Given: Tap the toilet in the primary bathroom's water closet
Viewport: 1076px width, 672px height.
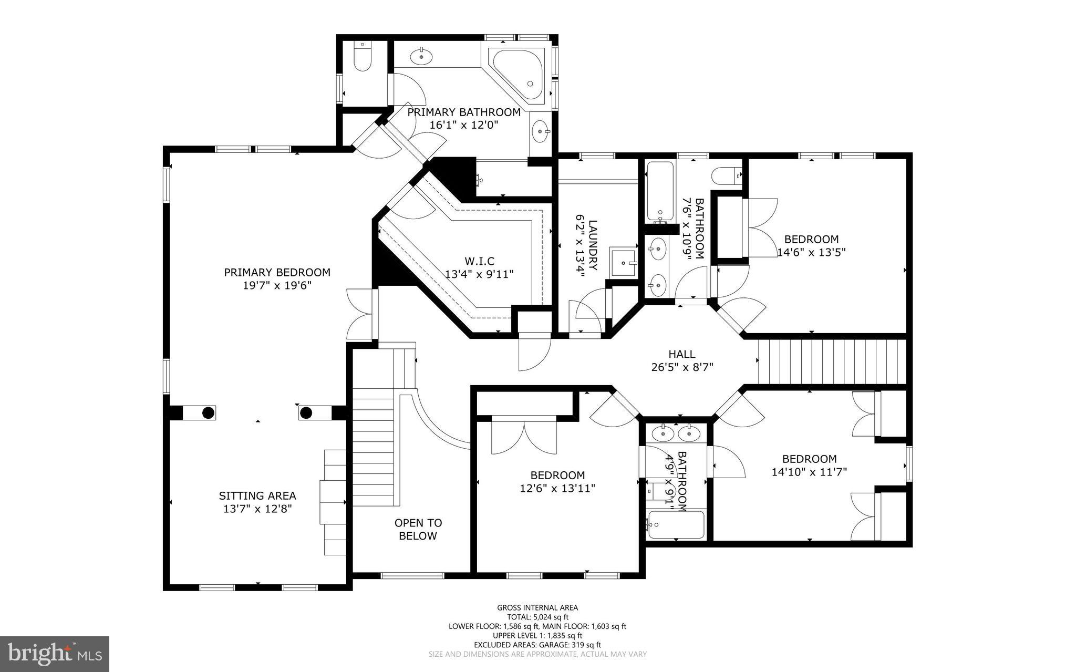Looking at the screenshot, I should point(362,58).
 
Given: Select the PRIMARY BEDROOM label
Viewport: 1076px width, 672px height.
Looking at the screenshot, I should point(277,272).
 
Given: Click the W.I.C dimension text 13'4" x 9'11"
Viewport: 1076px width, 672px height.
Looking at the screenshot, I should point(479,274).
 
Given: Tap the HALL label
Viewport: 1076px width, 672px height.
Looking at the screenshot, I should point(681,354).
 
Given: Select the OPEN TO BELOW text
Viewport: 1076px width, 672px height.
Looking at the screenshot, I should point(418,529).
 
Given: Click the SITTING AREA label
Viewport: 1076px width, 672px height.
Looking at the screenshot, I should point(257,495).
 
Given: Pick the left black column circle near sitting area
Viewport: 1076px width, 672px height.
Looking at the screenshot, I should point(209,413).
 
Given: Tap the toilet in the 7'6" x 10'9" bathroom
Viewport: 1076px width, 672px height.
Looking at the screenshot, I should point(726,175).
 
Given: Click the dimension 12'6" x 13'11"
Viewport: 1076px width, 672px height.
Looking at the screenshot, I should point(557,489).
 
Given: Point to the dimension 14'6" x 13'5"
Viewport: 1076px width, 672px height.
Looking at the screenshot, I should point(811,252).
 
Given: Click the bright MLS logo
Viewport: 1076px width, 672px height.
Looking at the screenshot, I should point(55,653).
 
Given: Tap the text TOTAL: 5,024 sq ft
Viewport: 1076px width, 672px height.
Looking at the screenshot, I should point(537,617).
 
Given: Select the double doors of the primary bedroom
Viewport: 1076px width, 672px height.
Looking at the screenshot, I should point(361,313).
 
